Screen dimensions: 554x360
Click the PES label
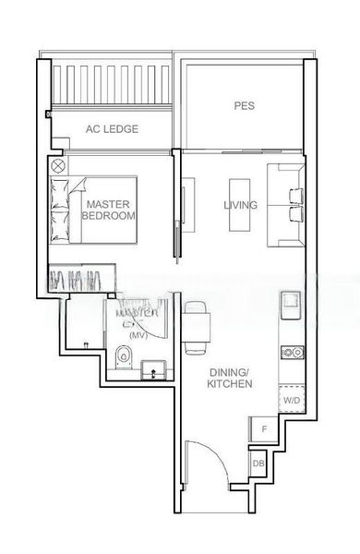point(244,107)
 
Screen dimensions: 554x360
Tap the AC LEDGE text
point(111,130)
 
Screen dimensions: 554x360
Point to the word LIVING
point(241,205)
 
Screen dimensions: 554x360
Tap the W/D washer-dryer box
point(292,401)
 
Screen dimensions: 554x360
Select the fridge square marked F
point(264,429)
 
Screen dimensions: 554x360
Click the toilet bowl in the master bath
point(126,355)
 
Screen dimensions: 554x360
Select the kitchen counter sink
point(288,302)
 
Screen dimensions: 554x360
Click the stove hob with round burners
point(293,352)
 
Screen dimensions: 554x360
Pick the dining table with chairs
point(197,327)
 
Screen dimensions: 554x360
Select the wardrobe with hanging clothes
point(81,278)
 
